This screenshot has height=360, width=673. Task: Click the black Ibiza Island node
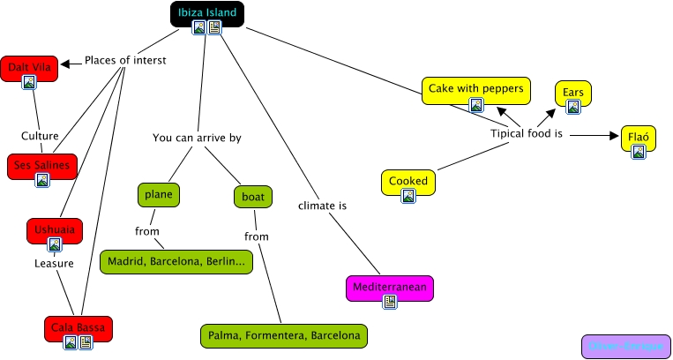[x=206, y=12]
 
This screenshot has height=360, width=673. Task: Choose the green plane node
[x=159, y=194]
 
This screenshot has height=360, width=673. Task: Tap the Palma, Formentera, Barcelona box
[x=283, y=335]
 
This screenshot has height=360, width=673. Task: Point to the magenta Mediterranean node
[x=390, y=287]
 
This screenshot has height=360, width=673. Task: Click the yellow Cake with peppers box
[x=476, y=88]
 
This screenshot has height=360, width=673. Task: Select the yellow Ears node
[x=572, y=92]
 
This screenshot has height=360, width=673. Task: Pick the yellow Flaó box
[x=638, y=137]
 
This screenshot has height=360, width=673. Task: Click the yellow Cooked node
[x=408, y=181]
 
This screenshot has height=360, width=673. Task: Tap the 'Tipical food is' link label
[x=527, y=134]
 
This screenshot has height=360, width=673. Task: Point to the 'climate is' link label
[x=322, y=206]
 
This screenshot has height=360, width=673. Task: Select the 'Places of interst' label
[x=125, y=61]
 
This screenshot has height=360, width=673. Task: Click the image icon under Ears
[x=572, y=107]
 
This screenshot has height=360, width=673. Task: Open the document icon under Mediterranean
[x=390, y=301]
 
